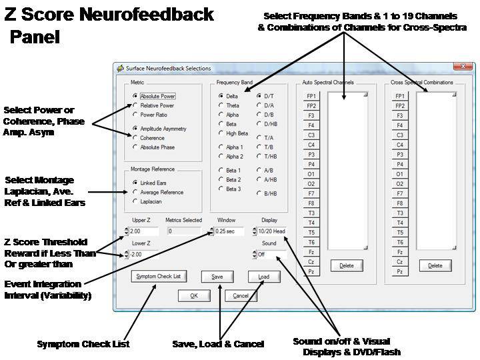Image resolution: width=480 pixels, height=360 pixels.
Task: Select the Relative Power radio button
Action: (x=135, y=105)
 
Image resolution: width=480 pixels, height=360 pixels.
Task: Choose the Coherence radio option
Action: (x=135, y=138)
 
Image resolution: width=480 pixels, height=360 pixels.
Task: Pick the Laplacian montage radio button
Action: (x=135, y=201)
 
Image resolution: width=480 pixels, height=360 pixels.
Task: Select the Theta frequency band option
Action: (x=221, y=105)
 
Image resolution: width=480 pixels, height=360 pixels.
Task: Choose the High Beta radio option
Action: (x=221, y=133)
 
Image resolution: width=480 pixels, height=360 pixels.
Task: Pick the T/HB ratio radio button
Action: (x=259, y=156)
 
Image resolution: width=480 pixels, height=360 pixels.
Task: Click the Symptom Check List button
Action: (x=159, y=277)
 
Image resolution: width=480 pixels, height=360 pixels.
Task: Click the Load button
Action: (x=264, y=277)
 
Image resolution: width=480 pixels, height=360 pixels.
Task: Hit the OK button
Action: (x=194, y=296)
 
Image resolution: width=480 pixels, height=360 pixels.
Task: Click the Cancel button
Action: (x=241, y=296)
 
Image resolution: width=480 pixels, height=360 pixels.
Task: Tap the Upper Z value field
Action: (x=144, y=231)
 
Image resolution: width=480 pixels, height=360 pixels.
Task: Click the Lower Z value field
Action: (x=144, y=255)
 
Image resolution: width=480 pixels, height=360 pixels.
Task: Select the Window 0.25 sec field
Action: (x=229, y=231)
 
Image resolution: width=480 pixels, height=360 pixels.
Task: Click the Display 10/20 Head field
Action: (x=272, y=231)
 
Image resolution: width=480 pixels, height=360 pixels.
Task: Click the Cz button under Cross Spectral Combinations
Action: (x=400, y=262)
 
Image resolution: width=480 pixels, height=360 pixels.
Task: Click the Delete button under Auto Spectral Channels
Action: (x=347, y=266)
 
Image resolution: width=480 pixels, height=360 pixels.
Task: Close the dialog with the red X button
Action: (x=463, y=67)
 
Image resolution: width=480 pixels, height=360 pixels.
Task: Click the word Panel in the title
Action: (x=35, y=37)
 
